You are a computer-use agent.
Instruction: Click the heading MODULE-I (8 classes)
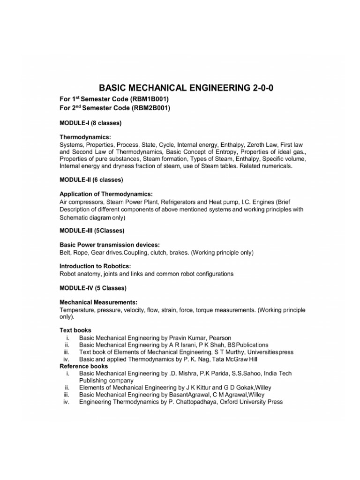(x=90, y=123)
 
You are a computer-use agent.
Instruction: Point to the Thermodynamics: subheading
(x=85, y=138)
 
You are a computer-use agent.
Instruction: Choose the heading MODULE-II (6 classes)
(x=91, y=180)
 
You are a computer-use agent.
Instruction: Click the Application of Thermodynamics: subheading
(x=106, y=195)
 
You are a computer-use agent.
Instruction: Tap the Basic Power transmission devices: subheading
(x=109, y=245)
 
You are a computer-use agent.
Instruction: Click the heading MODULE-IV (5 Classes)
(x=93, y=287)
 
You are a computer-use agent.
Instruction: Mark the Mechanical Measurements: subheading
(x=98, y=302)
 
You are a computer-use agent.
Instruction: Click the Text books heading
(x=75, y=330)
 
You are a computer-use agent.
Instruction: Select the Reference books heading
(x=83, y=366)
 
